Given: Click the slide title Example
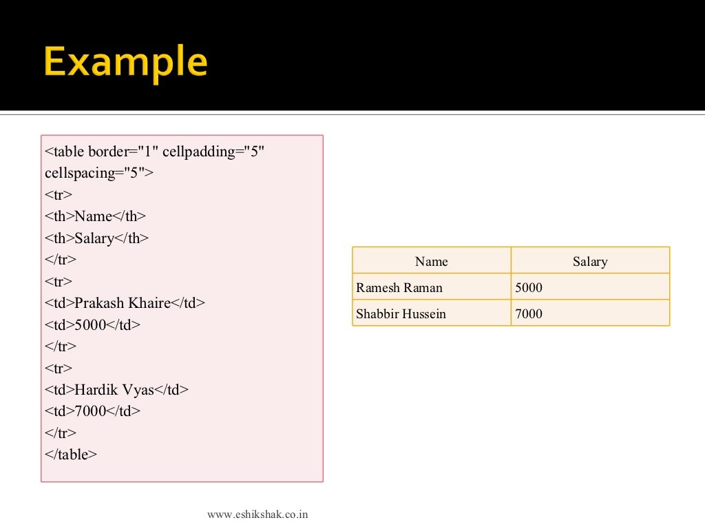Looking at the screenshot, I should [125, 63].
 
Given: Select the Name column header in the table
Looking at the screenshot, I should [431, 262].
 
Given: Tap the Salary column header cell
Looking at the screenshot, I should [590, 262].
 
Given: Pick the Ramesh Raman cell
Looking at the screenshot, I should [399, 288].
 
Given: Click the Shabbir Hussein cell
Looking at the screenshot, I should [401, 314].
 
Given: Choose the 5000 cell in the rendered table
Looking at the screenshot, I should [529, 288].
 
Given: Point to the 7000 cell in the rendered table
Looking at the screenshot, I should [529, 314].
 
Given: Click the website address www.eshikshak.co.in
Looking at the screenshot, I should [257, 514].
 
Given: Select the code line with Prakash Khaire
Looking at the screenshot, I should [125, 303].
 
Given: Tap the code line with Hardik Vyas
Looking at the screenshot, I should [116, 390].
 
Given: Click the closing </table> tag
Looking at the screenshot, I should [71, 455].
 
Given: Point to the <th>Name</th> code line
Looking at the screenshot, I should [96, 216].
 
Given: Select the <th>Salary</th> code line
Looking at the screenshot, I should [97, 238].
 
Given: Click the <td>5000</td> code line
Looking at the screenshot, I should [92, 325].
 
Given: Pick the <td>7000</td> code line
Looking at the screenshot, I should [92, 412].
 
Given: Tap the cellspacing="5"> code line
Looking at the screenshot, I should [99, 173].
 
